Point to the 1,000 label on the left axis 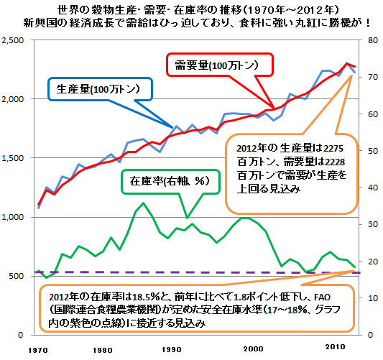(x=14, y=216)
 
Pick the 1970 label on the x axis (x=37, y=350)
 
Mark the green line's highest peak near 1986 (x=143, y=203)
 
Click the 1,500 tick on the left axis (x=14, y=157)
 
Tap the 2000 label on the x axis (x=252, y=350)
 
